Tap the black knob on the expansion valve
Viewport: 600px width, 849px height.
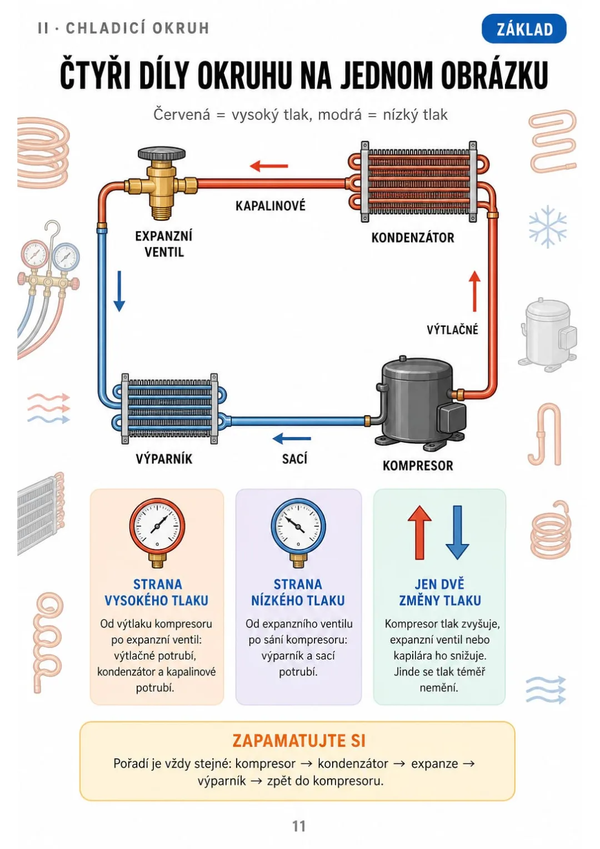tap(162, 154)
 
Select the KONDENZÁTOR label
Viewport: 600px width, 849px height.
tap(412, 238)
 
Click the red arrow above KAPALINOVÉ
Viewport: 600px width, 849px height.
tap(269, 166)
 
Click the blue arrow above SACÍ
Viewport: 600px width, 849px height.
tap(292, 438)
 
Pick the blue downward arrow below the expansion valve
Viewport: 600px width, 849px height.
tap(119, 291)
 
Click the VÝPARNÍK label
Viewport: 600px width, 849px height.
tap(164, 459)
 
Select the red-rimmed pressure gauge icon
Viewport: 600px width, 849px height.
tap(157, 532)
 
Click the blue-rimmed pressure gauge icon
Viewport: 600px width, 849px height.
tap(298, 532)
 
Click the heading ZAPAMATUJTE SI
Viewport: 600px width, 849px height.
tap(299, 741)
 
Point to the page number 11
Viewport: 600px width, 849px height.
tap(299, 826)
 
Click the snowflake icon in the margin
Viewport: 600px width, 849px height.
tap(548, 227)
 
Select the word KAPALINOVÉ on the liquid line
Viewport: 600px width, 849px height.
tap(270, 206)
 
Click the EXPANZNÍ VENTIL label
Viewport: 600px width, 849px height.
tap(164, 244)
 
